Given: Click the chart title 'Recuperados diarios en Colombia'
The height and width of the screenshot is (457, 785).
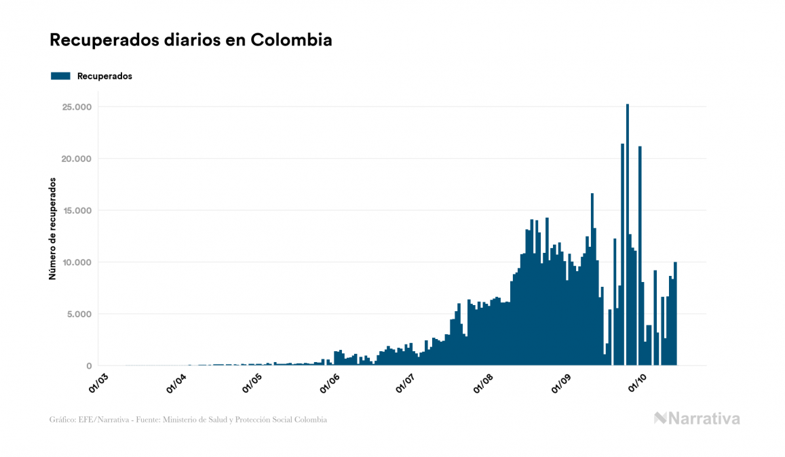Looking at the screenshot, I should [191, 40].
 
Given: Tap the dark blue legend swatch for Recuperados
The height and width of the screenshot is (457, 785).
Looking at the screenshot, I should [60, 76].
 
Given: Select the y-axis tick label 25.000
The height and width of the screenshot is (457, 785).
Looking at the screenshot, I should [76, 107].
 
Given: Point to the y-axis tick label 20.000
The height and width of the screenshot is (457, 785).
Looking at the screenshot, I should [76, 159].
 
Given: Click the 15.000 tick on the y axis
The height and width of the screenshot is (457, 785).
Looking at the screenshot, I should [76, 211].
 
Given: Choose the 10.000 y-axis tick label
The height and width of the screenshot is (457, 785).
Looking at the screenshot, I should [76, 262].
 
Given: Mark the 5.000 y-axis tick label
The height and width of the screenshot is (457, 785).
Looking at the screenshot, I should [79, 314].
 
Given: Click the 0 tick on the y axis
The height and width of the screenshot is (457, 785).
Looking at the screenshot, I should [89, 366].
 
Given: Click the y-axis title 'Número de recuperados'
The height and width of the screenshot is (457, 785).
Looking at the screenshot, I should [52, 228].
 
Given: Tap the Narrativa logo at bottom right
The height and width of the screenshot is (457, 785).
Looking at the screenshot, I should [697, 418].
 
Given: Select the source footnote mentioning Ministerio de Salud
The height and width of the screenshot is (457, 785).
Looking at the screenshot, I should [188, 420].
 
